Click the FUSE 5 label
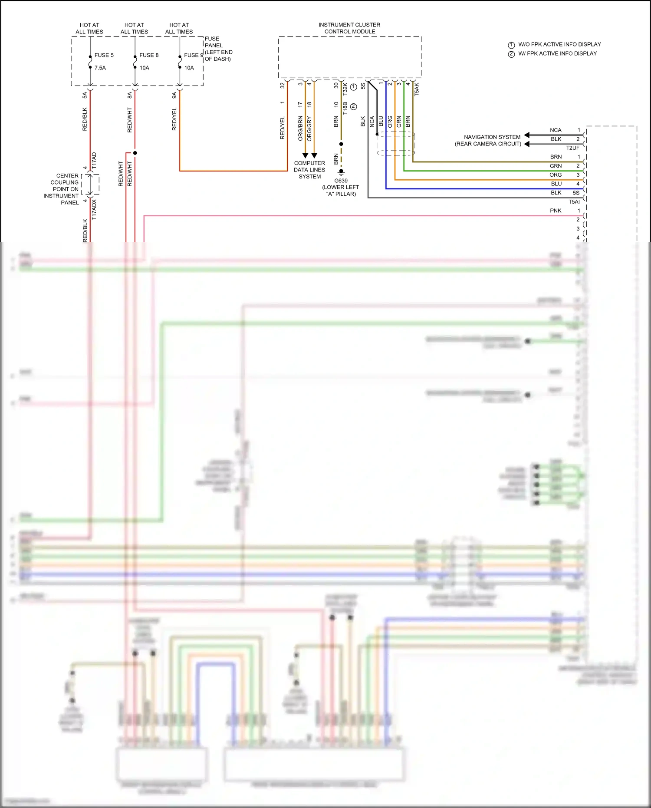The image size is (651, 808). tap(104, 55)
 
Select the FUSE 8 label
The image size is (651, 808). tap(148, 55)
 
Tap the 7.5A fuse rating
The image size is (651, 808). tap(100, 68)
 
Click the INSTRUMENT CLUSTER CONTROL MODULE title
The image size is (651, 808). tap(349, 28)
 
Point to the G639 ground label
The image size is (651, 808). tap(341, 181)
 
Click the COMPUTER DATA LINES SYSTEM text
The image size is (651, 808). tap(309, 170)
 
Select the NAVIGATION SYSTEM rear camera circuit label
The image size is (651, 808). tap(488, 140)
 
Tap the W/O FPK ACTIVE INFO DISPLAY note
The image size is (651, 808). tap(559, 44)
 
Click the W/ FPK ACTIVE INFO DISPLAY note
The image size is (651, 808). tap(557, 53)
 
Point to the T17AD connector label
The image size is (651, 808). tap(94, 161)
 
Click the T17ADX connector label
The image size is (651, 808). tap(94, 209)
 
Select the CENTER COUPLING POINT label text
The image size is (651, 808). tap(63, 189)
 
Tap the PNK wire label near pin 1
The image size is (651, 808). tap(556, 211)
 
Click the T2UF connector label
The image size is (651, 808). tap(572, 148)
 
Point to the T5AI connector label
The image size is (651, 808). tap(574, 202)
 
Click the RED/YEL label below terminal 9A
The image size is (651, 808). tap(174, 119)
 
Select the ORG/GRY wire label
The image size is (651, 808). tap(309, 129)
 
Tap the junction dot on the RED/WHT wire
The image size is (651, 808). tap(135, 153)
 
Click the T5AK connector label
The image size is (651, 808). tap(417, 89)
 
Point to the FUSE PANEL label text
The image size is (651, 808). tap(218, 49)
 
